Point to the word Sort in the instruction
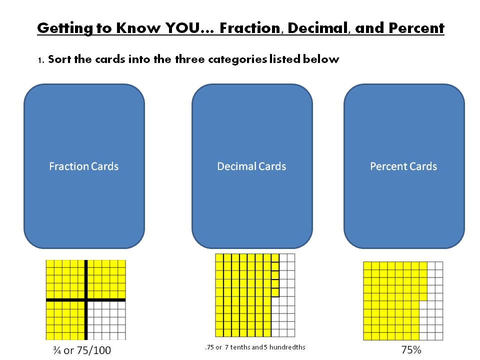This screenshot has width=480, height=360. pyautogui.click(x=59, y=59)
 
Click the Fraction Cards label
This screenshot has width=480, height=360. pyautogui.click(x=84, y=166)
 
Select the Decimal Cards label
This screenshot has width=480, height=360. pyautogui.click(x=251, y=166)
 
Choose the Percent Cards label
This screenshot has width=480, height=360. pyautogui.click(x=403, y=166)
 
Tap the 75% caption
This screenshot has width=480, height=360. pyautogui.click(x=411, y=350)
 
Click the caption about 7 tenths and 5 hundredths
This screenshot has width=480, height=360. pyautogui.click(x=255, y=347)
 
